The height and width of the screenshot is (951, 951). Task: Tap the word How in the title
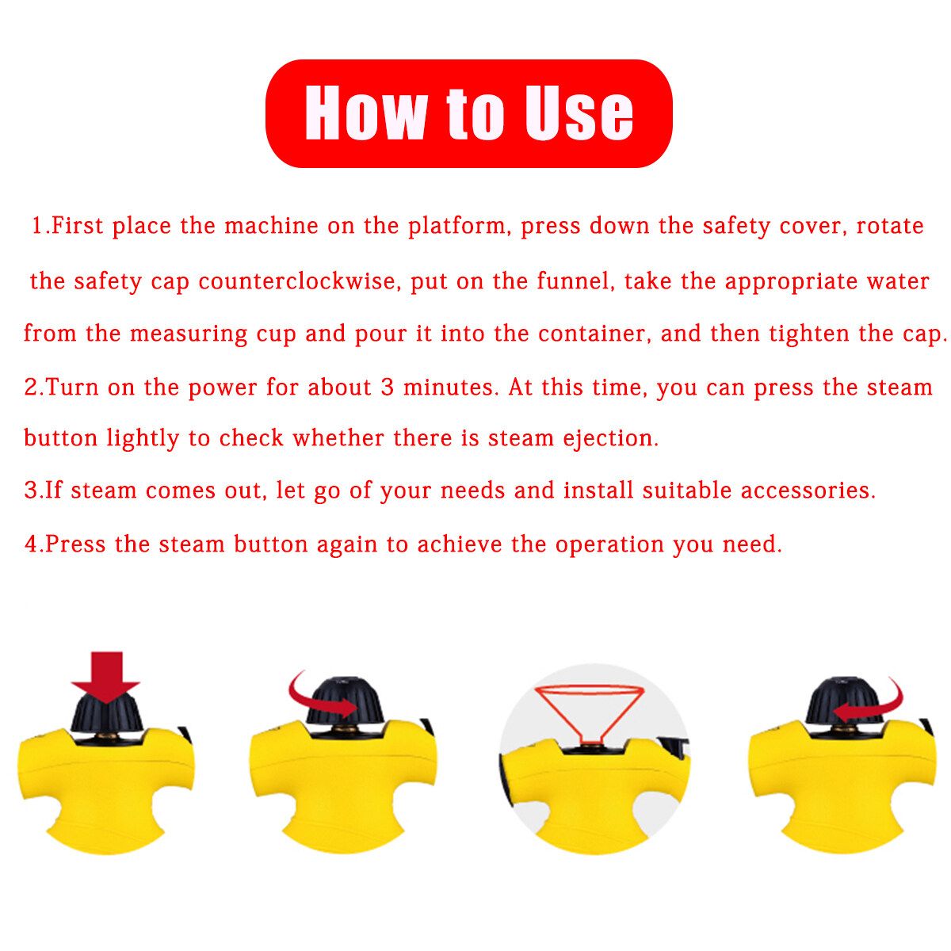coord(366,113)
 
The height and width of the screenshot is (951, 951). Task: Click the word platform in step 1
coord(459,227)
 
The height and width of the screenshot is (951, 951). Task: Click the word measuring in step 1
coord(188,334)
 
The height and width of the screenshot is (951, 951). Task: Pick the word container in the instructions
coord(593,334)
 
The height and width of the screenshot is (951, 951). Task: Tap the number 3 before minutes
coord(388,387)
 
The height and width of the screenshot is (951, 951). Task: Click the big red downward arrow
coord(105,678)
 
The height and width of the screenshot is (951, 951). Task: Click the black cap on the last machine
coord(837,700)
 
